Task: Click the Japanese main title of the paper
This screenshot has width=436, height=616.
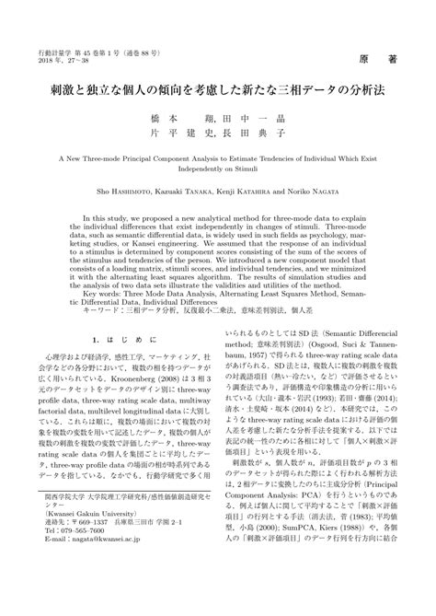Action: pyautogui.click(x=218, y=92)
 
